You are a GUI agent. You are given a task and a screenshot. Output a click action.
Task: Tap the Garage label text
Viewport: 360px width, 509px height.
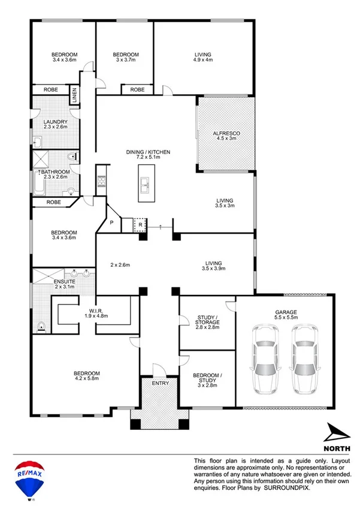(x=286, y=312)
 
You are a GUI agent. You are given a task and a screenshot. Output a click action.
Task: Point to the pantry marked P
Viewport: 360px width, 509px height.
(x=111, y=223)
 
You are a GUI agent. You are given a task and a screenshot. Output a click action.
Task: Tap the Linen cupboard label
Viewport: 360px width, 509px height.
(x=75, y=95)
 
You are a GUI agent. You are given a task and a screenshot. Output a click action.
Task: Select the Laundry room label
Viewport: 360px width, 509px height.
(x=55, y=122)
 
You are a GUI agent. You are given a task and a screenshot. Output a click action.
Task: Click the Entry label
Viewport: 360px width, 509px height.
(x=161, y=383)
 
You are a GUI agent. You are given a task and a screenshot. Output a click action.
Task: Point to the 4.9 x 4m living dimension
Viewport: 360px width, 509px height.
(x=203, y=60)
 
